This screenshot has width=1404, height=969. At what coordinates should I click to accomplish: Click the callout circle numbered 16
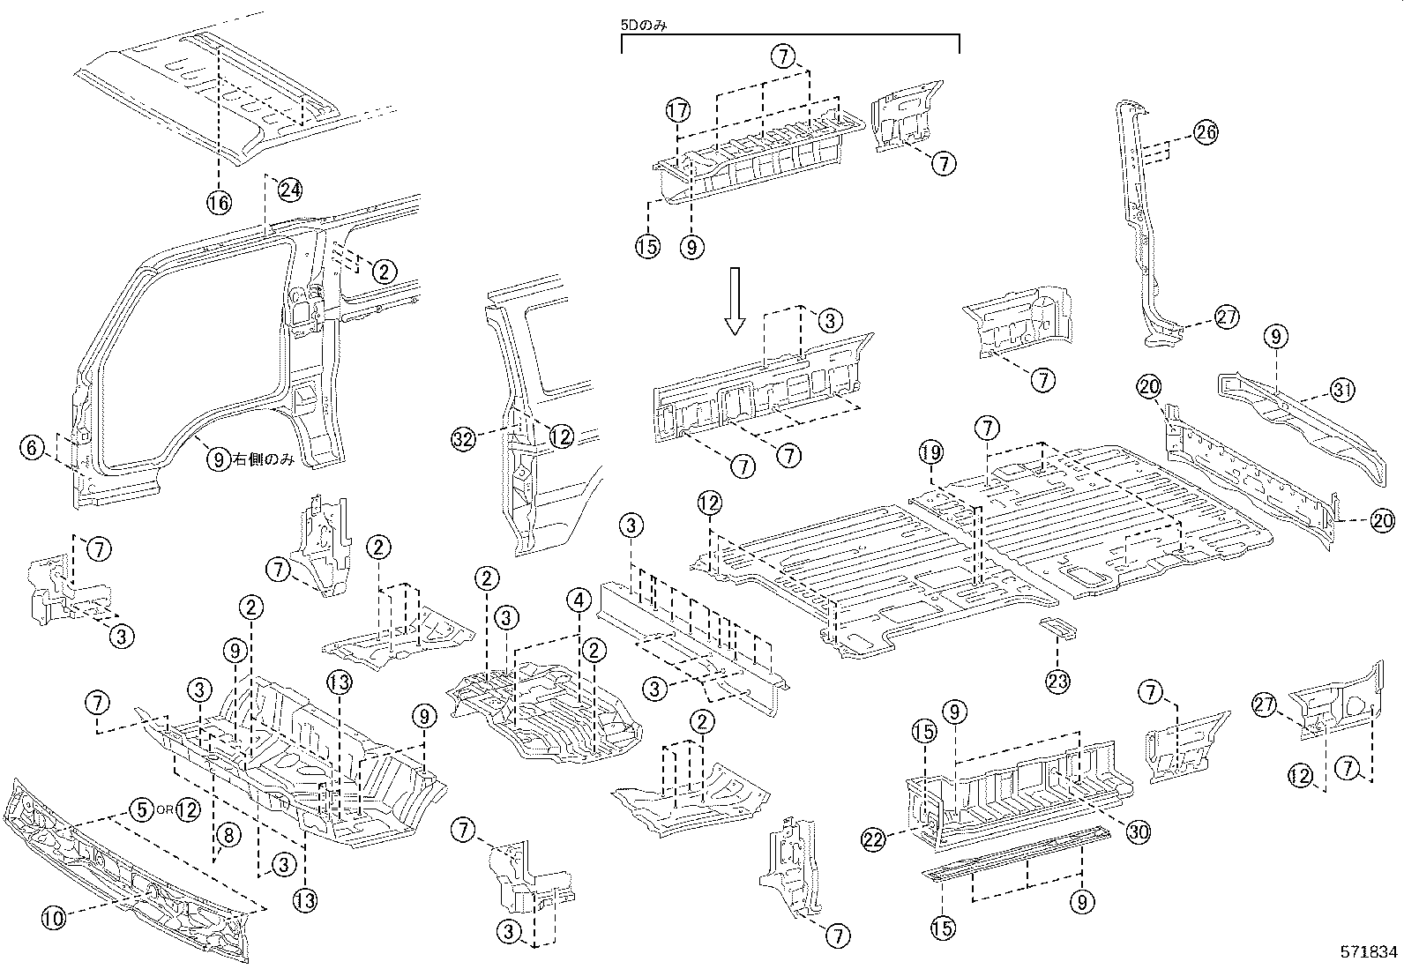pyautogui.click(x=219, y=204)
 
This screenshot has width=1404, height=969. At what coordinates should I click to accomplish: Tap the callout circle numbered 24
pyautogui.click(x=290, y=188)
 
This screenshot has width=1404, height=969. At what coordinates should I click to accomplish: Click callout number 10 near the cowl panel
pyautogui.click(x=53, y=919)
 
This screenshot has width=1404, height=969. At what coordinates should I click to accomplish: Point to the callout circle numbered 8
pyautogui.click(x=225, y=837)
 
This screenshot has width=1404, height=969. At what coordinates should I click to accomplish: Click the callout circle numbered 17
pyautogui.click(x=676, y=111)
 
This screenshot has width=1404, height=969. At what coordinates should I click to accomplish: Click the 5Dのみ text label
pyautogui.click(x=644, y=26)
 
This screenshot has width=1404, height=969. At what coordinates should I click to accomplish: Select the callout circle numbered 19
pyautogui.click(x=930, y=454)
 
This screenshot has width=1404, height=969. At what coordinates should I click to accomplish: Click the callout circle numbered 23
pyautogui.click(x=1057, y=680)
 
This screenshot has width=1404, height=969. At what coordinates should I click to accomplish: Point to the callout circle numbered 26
pyautogui.click(x=1205, y=132)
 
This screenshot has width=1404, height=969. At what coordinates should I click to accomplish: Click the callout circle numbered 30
pyautogui.click(x=1138, y=831)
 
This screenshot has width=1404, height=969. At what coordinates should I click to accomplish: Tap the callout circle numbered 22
pyautogui.click(x=873, y=840)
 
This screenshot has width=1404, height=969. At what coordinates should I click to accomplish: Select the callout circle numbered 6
pyautogui.click(x=32, y=448)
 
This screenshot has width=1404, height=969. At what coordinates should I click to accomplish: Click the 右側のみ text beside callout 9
pyautogui.click(x=264, y=459)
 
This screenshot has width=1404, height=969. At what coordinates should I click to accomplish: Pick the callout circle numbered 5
pyautogui.click(x=139, y=808)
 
